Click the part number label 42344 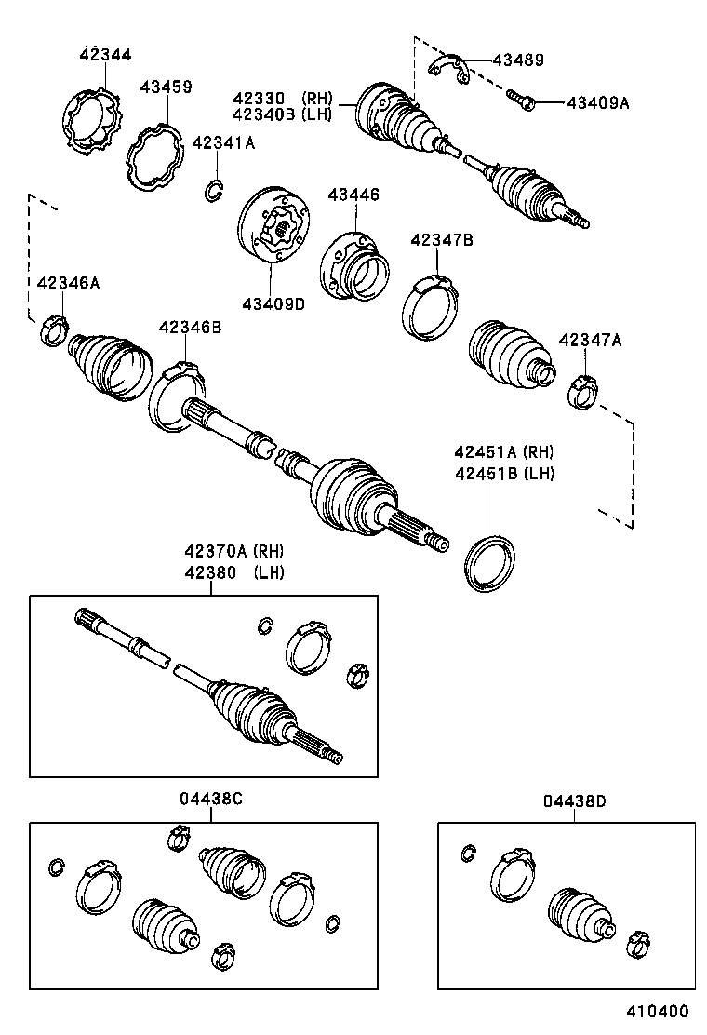(x=105, y=56)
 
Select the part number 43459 (x=167, y=87)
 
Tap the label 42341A (x=222, y=142)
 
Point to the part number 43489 (x=518, y=60)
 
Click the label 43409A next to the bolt (x=597, y=103)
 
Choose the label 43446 (x=353, y=195)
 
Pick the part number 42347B (x=442, y=240)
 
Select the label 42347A (x=590, y=341)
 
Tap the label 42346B (x=190, y=327)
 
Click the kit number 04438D (x=575, y=800)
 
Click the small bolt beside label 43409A (x=518, y=98)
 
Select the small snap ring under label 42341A (x=215, y=191)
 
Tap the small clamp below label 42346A (x=55, y=329)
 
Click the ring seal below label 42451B (x=490, y=562)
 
